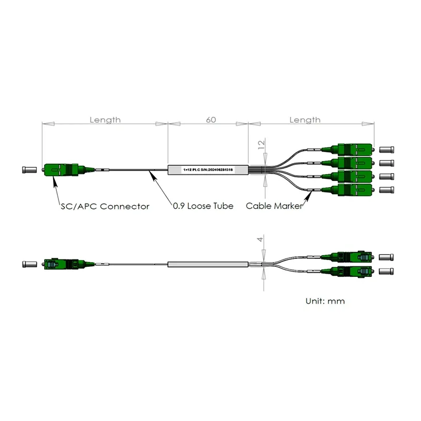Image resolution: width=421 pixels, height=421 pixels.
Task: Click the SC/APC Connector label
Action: point(104,206)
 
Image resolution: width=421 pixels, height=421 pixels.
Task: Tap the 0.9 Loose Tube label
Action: point(203,206)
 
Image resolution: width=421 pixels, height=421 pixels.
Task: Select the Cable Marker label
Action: point(274,206)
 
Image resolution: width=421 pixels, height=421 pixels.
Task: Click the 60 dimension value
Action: point(210,120)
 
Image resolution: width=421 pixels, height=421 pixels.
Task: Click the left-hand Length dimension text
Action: point(105,120)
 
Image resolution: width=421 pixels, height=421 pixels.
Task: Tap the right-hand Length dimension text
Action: point(305,120)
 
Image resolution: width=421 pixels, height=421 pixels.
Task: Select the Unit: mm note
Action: point(325,302)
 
